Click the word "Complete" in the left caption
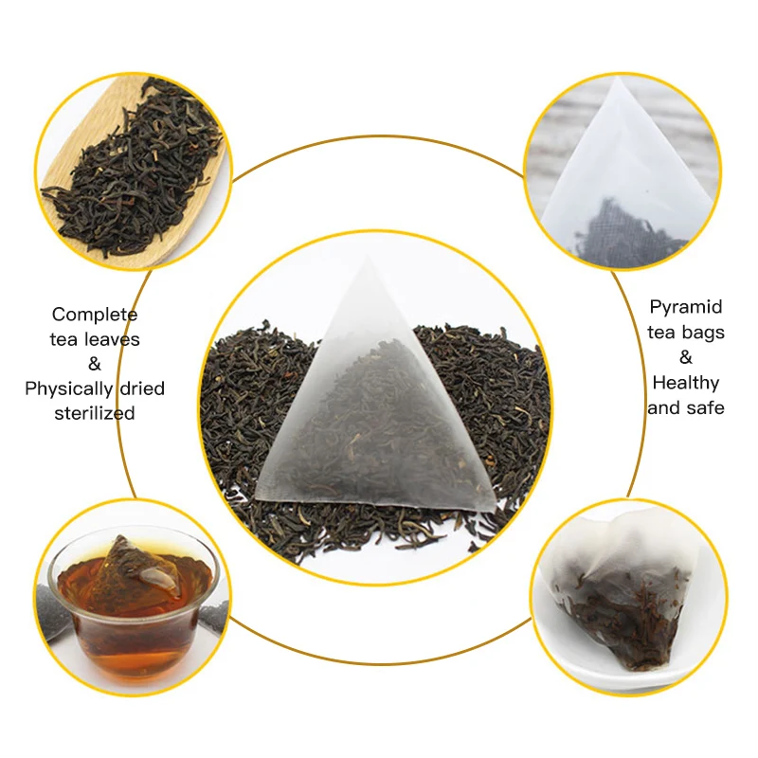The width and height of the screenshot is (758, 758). click(x=95, y=315)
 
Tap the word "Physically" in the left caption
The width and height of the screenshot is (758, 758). click(x=67, y=388)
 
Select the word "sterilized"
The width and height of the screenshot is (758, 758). click(x=95, y=413)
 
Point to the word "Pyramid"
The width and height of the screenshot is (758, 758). click(x=686, y=307)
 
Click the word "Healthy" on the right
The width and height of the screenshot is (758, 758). click(x=686, y=383)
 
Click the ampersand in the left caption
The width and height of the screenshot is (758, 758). click(x=95, y=364)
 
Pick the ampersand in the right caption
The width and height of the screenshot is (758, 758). click(x=686, y=358)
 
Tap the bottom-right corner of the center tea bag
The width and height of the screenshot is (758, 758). click(x=495, y=509)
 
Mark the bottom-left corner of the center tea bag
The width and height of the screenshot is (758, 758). click(x=258, y=494)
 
